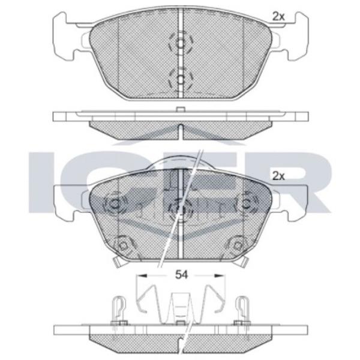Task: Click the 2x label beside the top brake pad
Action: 277,17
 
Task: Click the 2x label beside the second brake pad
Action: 277,176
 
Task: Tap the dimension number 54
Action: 181,275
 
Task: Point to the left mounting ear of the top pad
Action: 62,36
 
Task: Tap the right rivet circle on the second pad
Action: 245,204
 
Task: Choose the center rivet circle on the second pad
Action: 179,207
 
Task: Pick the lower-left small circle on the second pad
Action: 123,244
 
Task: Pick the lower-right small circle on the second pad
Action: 235,244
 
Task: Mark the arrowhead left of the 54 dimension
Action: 142,275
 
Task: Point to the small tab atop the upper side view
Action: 179,110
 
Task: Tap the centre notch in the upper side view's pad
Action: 180,127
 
